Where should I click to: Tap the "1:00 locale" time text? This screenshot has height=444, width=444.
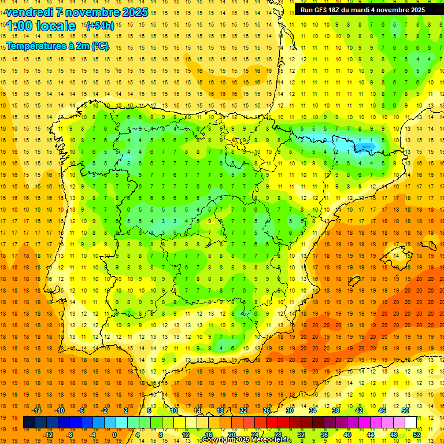41,26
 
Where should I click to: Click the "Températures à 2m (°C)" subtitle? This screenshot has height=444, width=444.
57,46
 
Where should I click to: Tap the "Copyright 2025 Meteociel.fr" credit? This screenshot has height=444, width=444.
247,440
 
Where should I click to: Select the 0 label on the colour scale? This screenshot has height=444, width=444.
114,434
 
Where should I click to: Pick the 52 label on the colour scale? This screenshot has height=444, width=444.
417,434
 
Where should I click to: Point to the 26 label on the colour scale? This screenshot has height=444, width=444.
267,410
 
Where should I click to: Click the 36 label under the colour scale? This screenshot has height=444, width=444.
324,434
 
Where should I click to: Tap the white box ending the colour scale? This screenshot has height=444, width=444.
411,423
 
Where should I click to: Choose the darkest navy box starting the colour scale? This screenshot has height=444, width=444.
29,423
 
